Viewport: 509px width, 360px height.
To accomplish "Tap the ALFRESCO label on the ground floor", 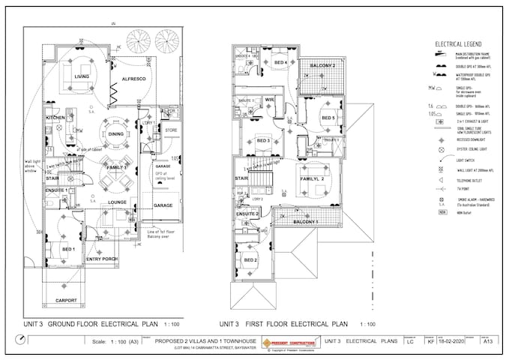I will pyautogui.click(x=130, y=78).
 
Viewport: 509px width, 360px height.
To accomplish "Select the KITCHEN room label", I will pyautogui.click(x=56, y=118).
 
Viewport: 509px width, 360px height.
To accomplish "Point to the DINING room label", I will pyautogui.click(x=115, y=134).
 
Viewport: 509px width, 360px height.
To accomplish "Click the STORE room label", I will pyautogui.click(x=170, y=131).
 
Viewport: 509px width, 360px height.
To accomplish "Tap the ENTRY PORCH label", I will pyautogui.click(x=101, y=259).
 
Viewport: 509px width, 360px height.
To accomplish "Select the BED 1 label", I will pyautogui.click(x=68, y=248).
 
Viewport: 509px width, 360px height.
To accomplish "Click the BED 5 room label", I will pyautogui.click(x=328, y=118).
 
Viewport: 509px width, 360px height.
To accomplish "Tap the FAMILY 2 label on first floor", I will pyautogui.click(x=312, y=180).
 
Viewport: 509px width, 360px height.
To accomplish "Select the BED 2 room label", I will pyautogui.click(x=250, y=259).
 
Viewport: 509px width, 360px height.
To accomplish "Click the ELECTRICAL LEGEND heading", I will pyautogui.click(x=460, y=45).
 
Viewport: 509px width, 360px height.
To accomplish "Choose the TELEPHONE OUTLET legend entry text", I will pyautogui.click(x=475, y=181).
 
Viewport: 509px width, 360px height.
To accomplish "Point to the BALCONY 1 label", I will pyautogui.click(x=305, y=223).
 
